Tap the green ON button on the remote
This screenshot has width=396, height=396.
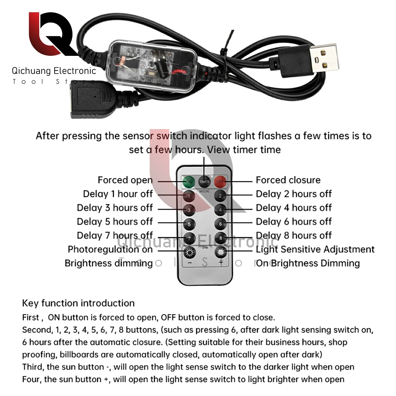[x=189, y=181]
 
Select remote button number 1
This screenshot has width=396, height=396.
[x=189, y=196]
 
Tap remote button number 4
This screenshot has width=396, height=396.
[x=221, y=209]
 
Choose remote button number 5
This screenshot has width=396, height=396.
[x=189, y=224]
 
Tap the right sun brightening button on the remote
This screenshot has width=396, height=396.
[x=221, y=252]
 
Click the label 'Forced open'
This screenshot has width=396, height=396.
[x=125, y=180]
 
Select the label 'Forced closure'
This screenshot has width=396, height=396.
[x=288, y=180]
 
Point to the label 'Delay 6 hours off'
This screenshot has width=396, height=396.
[x=293, y=222]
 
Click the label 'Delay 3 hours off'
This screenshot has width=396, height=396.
[x=115, y=208]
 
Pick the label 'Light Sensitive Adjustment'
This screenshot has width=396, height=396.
[x=315, y=249]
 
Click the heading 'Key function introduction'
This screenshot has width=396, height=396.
[x=78, y=303]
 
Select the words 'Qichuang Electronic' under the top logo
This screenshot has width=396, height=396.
[x=54, y=71]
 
